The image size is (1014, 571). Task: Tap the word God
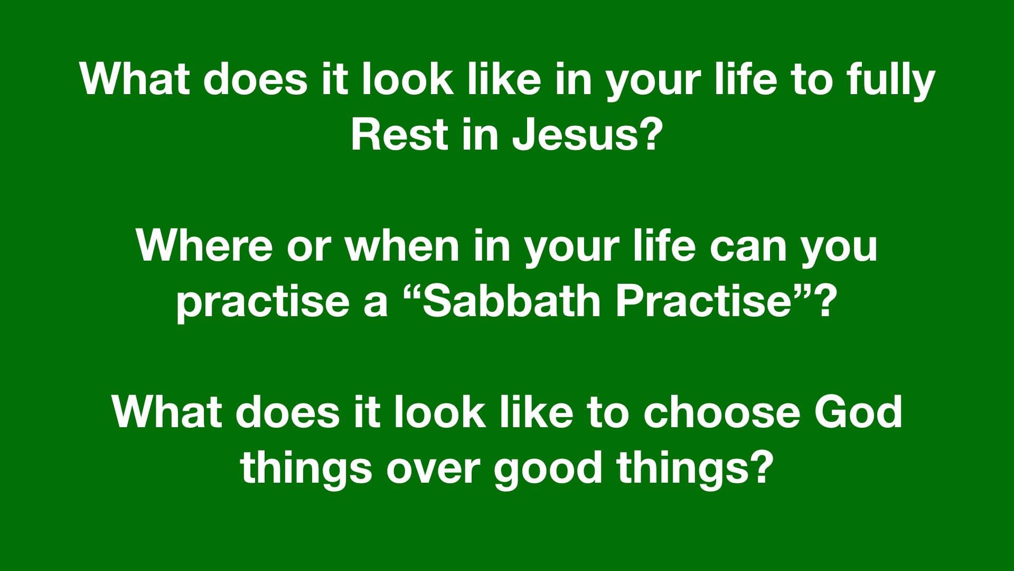858,412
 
